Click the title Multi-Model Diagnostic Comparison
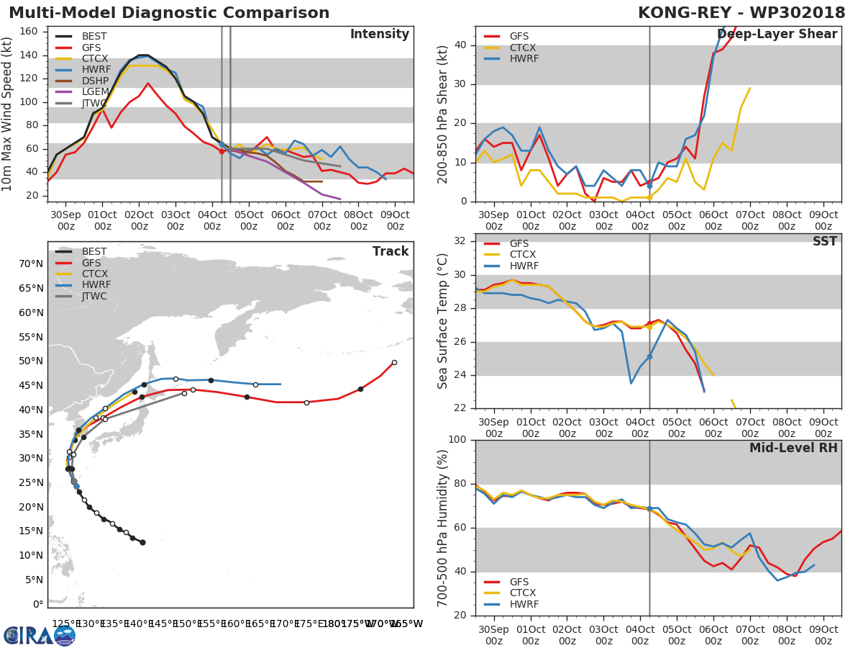[169, 13]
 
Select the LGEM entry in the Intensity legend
[95, 91]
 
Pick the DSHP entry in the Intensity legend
[95, 81]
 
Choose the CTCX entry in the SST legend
[523, 255]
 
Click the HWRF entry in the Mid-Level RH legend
[523, 604]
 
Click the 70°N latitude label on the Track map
[31, 264]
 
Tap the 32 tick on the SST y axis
[459, 241]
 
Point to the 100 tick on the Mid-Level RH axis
[456, 439]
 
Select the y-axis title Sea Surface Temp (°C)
[443, 320]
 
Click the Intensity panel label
[379, 35]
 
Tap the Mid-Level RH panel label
[793, 448]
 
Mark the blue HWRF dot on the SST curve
[649, 356]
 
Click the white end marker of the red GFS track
[394, 362]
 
